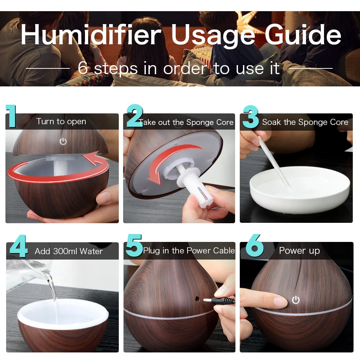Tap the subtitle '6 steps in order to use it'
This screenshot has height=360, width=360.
click(179, 68)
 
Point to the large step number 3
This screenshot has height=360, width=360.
click(251, 117)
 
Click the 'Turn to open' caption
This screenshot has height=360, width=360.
click(61, 122)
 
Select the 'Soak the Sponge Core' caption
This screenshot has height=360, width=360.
click(305, 122)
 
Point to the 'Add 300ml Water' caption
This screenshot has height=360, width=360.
click(69, 251)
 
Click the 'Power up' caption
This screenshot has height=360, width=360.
click(299, 251)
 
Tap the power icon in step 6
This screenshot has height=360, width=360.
click(296, 300)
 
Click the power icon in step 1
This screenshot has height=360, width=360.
click(63, 141)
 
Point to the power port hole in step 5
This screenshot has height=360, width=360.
click(197, 298)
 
